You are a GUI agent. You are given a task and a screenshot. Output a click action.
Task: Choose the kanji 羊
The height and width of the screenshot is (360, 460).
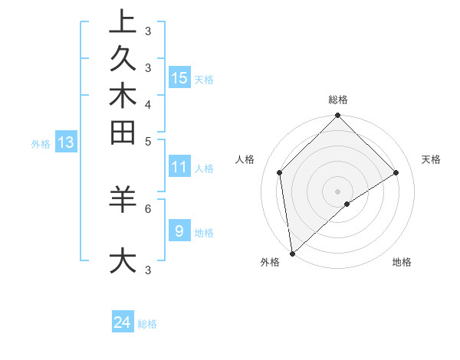123,200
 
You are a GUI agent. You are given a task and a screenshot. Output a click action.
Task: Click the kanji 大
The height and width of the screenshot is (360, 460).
123,260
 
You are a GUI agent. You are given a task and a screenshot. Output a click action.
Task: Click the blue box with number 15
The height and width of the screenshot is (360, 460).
179,77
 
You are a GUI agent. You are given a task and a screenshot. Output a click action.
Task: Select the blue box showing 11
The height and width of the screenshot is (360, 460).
179,168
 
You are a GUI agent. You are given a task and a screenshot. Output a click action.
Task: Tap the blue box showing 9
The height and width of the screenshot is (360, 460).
179,231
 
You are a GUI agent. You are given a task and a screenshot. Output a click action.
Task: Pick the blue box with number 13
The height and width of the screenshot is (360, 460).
66,142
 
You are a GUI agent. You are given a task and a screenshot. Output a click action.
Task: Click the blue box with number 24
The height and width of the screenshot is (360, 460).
123,322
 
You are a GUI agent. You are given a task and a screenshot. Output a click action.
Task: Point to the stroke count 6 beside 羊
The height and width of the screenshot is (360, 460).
148,208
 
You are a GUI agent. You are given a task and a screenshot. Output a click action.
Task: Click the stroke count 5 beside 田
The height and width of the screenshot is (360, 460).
148,141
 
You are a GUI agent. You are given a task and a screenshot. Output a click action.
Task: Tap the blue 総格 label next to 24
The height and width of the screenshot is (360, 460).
147,324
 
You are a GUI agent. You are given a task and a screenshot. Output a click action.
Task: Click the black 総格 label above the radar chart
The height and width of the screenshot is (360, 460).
337,100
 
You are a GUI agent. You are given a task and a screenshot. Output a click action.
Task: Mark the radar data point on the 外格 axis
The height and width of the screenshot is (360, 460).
292,253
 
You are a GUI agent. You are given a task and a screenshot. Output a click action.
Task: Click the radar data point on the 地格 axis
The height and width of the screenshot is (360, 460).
347,204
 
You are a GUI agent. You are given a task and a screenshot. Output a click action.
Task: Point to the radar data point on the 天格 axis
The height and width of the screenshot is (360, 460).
396,172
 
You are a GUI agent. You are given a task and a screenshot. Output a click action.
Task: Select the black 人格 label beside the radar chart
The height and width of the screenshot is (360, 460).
245,159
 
